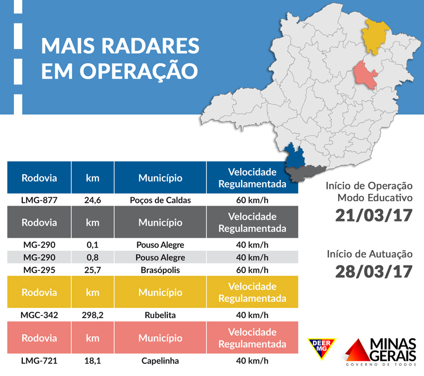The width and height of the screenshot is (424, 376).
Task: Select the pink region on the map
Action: (x=366, y=75)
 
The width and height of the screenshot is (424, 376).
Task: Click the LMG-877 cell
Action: (x=39, y=200)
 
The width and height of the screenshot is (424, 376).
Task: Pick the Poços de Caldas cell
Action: (x=160, y=200)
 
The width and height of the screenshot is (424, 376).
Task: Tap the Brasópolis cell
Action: (x=160, y=270)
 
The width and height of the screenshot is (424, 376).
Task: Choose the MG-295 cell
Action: (x=39, y=270)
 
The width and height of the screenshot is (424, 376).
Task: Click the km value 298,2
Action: (x=92, y=314)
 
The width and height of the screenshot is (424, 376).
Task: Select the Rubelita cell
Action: (x=160, y=314)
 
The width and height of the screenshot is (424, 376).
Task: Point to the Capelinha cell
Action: (x=160, y=361)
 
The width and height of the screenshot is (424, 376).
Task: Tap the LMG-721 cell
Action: (x=39, y=361)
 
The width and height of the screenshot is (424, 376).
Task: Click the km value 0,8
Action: (x=92, y=258)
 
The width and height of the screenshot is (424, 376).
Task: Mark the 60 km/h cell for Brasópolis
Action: (x=252, y=270)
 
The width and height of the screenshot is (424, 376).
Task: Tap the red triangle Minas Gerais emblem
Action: (x=359, y=351)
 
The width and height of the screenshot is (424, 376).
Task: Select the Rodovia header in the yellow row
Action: (x=39, y=293)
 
